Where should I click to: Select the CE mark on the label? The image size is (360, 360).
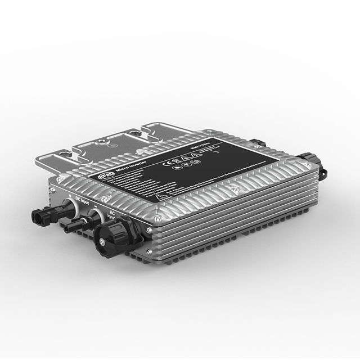coord(167,165)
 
